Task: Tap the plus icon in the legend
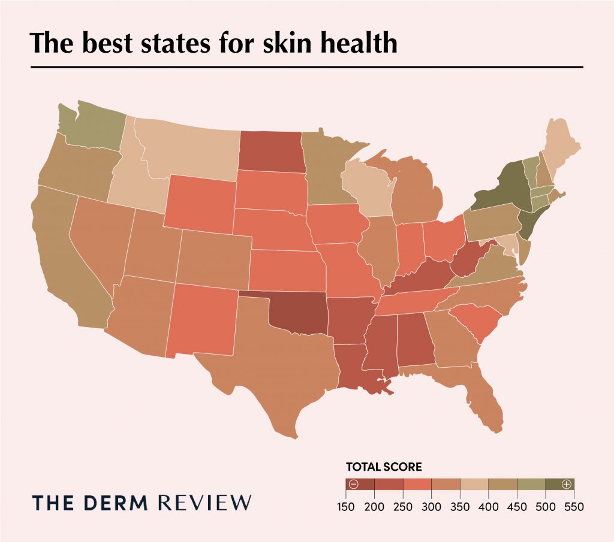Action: tap(566, 484)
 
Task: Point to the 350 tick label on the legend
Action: tap(460, 507)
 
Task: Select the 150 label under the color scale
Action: tap(346, 507)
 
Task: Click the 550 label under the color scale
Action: tap(574, 507)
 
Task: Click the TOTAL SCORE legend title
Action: tap(384, 465)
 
